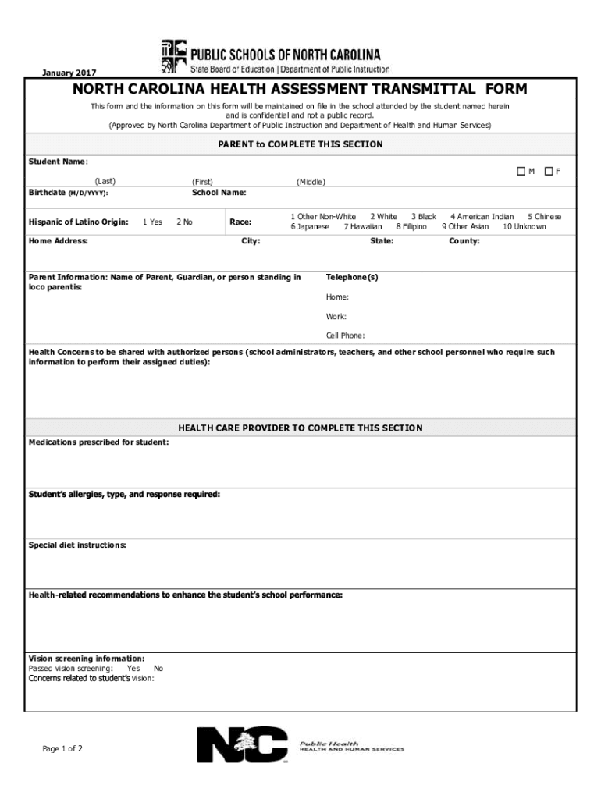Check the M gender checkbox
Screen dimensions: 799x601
point(520,172)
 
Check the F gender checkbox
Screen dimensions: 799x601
point(549,172)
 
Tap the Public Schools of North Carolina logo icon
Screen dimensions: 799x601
point(171,56)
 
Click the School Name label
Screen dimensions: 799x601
point(219,192)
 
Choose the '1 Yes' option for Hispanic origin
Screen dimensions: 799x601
point(152,222)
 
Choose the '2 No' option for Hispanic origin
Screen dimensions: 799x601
point(185,222)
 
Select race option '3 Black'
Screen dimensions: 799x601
point(424,216)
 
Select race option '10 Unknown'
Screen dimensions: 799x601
point(525,227)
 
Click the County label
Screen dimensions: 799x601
point(464,241)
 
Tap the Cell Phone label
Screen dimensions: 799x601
point(345,336)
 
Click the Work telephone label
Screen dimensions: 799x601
point(336,317)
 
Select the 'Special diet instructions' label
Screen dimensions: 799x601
point(77,545)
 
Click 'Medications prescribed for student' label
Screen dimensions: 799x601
point(98,442)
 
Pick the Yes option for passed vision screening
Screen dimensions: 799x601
point(133,669)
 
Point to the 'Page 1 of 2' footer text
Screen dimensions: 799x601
point(62,749)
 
